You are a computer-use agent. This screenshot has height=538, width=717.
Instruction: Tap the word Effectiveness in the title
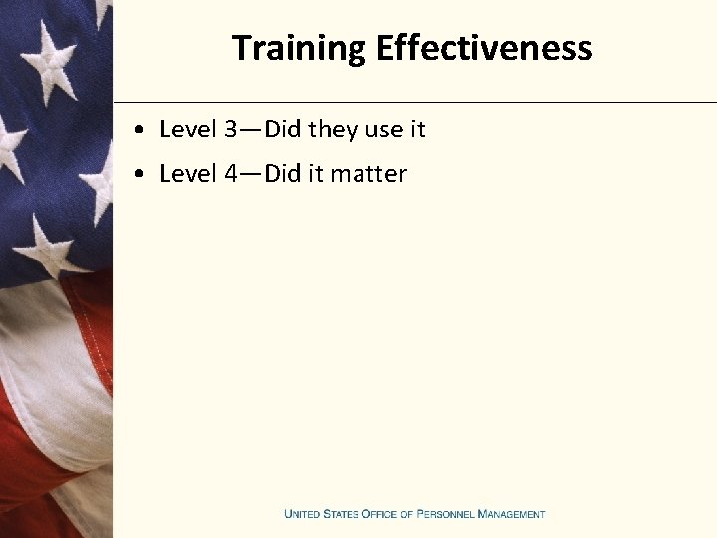(x=484, y=48)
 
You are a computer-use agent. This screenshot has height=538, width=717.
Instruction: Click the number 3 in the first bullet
(x=230, y=130)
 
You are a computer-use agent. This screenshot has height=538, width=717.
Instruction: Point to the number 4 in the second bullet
(x=230, y=174)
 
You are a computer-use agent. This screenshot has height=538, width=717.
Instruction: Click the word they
(x=333, y=130)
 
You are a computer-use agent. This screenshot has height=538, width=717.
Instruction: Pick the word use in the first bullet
(x=383, y=130)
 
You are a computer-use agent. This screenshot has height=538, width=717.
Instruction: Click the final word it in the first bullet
(x=417, y=130)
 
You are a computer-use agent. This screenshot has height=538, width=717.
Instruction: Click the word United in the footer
(x=303, y=514)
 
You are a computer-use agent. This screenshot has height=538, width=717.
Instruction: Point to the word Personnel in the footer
(x=445, y=514)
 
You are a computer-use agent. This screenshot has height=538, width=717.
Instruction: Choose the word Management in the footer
(x=511, y=514)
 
